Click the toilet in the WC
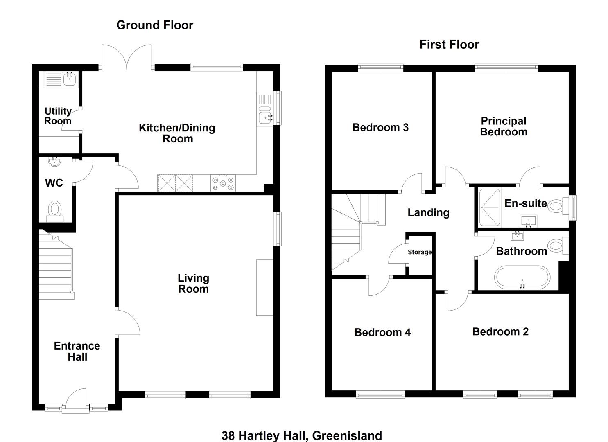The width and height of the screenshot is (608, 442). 55,211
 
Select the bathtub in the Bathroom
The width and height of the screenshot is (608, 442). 522,277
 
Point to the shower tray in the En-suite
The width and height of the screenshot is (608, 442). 490,207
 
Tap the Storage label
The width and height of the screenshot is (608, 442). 420,252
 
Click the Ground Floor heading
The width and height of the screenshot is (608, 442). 155,25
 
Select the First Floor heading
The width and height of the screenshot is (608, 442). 449,45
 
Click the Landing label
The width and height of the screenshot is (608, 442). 428,212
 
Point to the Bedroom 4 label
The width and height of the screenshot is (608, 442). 382,332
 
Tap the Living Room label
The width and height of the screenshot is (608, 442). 193,283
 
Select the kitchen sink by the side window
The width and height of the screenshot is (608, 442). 264,109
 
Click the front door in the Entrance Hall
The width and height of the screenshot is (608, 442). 76,399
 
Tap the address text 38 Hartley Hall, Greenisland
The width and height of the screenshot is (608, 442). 302,436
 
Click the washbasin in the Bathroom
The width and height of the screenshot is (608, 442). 517,236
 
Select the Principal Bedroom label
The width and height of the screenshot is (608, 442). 504,126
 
